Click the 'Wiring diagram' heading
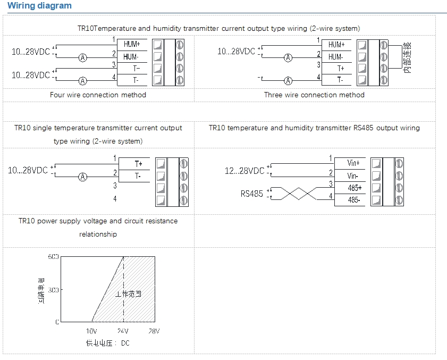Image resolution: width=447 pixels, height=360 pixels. pyautogui.click(x=40, y=6)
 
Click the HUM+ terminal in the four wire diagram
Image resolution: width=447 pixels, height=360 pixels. pyautogui.click(x=131, y=44)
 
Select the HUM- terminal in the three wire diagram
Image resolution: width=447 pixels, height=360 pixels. pyautogui.click(x=335, y=56)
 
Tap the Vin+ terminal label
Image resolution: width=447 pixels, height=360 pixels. pyautogui.click(x=353, y=163)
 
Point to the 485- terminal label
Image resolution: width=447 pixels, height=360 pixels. pyautogui.click(x=353, y=200)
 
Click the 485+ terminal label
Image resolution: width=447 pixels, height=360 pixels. pyautogui.click(x=353, y=188)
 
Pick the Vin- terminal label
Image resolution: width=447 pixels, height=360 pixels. pyautogui.click(x=353, y=175)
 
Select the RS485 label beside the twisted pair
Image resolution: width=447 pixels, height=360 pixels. pyautogui.click(x=251, y=194)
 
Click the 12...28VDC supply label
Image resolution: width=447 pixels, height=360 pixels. pyautogui.click(x=244, y=171)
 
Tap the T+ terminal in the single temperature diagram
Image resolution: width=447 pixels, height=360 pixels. pyautogui.click(x=138, y=163)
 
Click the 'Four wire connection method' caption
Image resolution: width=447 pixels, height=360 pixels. pyautogui.click(x=98, y=95)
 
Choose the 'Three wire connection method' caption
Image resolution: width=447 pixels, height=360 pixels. pyautogui.click(x=314, y=95)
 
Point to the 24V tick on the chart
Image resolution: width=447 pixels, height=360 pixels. pyautogui.click(x=123, y=331)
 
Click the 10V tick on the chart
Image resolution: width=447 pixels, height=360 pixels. pyautogui.click(x=91, y=331)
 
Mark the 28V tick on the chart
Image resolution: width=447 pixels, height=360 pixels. pyautogui.click(x=154, y=331)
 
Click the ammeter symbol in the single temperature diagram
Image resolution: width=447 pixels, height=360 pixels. pyautogui.click(x=82, y=177)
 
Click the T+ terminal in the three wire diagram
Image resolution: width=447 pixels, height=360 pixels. pyautogui.click(x=340, y=69)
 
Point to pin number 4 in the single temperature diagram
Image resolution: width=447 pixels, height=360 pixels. pyautogui.click(x=115, y=199)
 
